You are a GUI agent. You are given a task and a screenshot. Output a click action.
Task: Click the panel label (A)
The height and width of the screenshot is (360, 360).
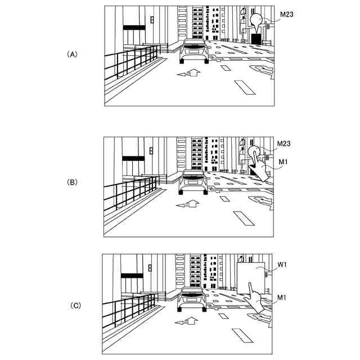point(72,55)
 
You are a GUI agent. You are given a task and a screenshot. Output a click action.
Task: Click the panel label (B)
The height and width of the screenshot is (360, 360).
point(72,182)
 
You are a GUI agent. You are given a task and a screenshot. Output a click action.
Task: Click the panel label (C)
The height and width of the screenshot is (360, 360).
point(75,306)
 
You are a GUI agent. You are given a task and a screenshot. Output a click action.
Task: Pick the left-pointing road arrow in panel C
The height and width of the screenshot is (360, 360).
point(187,322)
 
